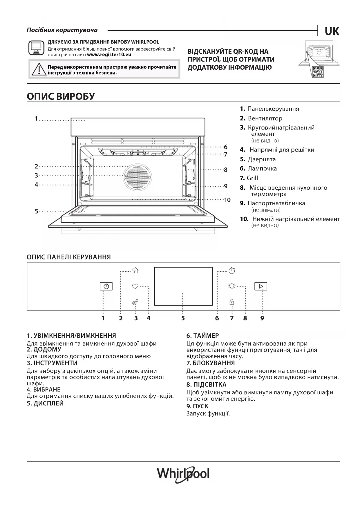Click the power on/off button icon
click(106, 286)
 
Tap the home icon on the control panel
click(135, 270)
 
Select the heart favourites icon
click(135, 286)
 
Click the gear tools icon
click(135, 302)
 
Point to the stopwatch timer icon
click(232, 270)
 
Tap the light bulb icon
click(231, 286)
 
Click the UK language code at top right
click(332, 31)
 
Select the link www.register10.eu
click(109, 55)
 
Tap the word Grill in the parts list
click(252, 178)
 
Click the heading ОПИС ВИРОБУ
click(61, 96)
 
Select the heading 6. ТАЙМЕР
click(202, 336)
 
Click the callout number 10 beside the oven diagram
click(227, 200)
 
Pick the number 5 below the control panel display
click(183, 318)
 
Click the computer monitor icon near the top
click(36, 48)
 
